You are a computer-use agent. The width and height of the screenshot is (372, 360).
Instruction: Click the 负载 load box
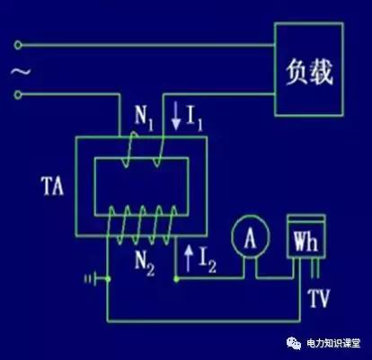pos(308,69)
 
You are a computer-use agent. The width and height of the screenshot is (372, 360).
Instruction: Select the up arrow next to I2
pos(186,263)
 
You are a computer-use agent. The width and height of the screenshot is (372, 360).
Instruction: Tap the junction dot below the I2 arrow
pos(176,279)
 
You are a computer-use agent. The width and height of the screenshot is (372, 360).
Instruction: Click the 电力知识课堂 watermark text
pos(327,344)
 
